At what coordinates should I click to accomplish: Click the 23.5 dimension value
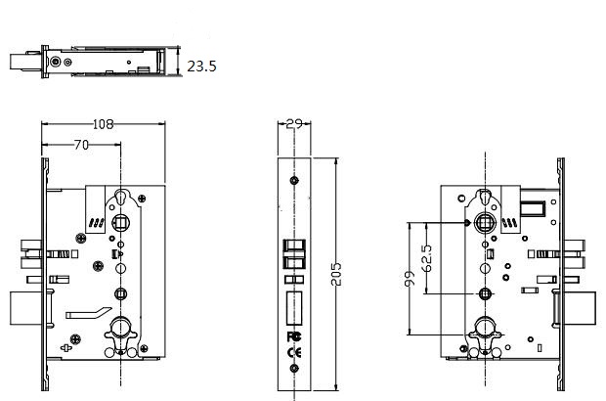[x=201, y=67]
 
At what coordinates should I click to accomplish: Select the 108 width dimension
[x=102, y=124]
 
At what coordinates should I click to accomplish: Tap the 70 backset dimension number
[x=82, y=145]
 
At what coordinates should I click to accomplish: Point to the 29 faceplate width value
[x=294, y=124]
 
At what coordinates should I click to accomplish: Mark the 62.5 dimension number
[x=426, y=257]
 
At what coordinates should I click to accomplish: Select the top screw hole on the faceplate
[x=293, y=181]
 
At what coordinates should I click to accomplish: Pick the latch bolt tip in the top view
[x=22, y=61]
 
